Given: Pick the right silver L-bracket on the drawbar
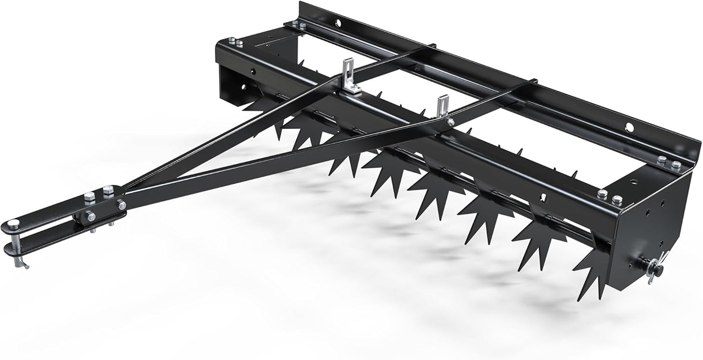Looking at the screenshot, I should coord(442,106).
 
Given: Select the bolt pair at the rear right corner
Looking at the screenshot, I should coord(668,162).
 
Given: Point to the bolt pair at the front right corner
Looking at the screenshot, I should coord(610,197).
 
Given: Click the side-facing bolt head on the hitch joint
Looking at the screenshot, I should coord(90,216).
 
